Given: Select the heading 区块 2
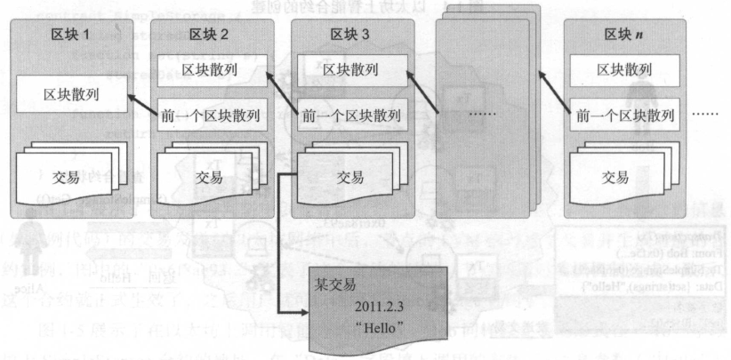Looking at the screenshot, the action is point(209,35).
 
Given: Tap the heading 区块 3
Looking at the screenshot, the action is point(349,35).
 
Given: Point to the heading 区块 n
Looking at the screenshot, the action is point(623,35).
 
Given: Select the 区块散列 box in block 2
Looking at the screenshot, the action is point(210,69).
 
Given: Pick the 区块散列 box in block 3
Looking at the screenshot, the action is point(350,69).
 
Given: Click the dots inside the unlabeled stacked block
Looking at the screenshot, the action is point(483,116).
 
